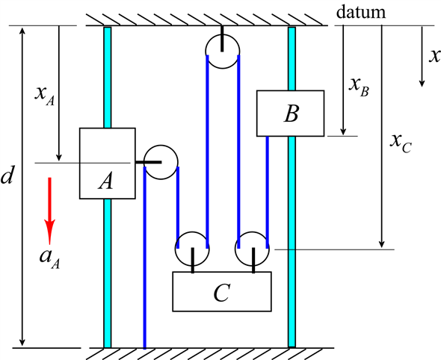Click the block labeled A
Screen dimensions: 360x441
click(107, 164)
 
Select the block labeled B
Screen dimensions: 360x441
click(290, 113)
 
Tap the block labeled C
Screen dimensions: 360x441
click(221, 291)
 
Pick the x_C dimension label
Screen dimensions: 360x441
click(401, 141)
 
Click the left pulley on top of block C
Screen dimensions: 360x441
click(192, 248)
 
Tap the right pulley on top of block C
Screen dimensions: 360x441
click(253, 248)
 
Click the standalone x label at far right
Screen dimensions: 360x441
click(431, 55)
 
